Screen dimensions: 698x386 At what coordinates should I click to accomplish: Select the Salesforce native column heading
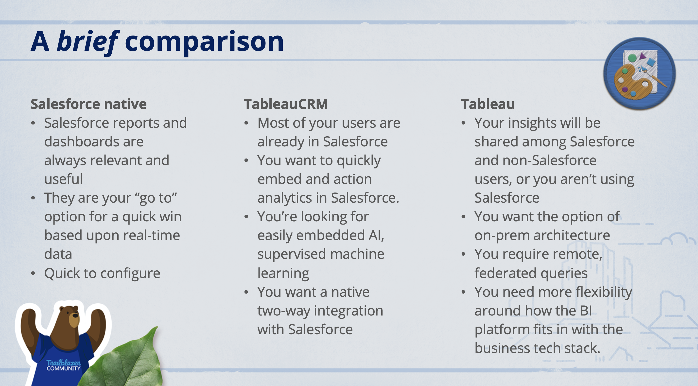click(x=88, y=104)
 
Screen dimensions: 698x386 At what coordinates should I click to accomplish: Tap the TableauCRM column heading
click(x=286, y=104)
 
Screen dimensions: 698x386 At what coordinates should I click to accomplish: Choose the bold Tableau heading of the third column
click(x=488, y=104)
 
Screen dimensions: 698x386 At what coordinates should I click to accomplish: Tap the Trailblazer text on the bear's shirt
click(x=63, y=362)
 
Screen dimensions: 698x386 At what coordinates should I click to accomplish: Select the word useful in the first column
click(x=63, y=179)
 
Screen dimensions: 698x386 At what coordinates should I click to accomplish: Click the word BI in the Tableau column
click(x=586, y=311)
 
